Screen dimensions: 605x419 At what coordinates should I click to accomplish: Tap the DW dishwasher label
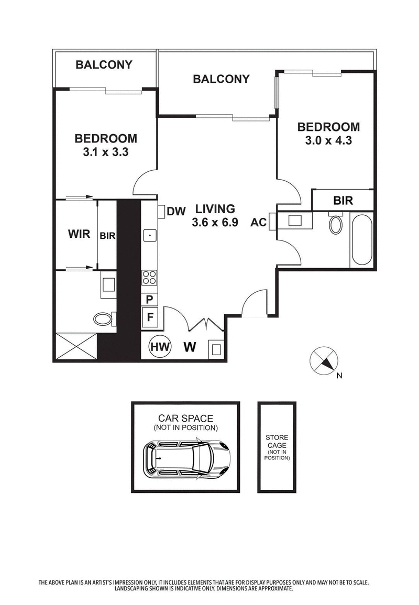click(177, 211)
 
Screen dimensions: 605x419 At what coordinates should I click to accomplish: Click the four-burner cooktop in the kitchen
click(149, 277)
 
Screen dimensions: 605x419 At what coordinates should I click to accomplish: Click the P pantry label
click(149, 300)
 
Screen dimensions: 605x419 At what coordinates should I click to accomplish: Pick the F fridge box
click(149, 317)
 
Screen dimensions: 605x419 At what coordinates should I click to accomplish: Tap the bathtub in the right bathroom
click(361, 240)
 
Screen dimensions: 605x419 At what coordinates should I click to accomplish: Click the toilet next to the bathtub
click(335, 224)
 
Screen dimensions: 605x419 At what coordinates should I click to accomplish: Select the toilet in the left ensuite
click(104, 318)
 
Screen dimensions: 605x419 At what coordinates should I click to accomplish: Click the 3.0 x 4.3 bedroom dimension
click(328, 140)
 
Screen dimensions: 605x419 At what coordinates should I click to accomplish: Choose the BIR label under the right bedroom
click(343, 200)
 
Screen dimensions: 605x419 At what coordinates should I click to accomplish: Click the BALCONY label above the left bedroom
click(104, 65)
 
